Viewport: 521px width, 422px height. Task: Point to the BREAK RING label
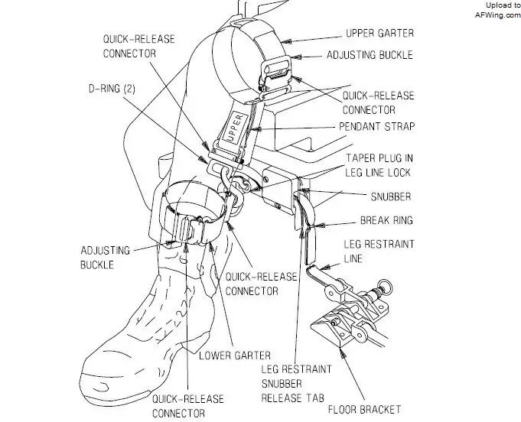click(386, 221)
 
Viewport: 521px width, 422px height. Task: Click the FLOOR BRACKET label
click(385, 409)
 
